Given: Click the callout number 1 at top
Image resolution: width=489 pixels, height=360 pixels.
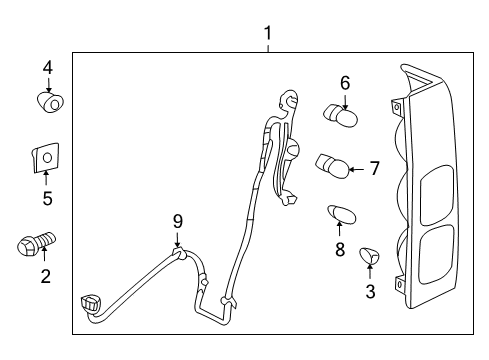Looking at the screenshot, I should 268,34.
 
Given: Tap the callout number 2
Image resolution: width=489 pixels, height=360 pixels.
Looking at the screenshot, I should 44,275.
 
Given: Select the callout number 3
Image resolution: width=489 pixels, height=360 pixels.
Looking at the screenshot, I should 370,291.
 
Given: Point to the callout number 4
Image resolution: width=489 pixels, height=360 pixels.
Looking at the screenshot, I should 47,68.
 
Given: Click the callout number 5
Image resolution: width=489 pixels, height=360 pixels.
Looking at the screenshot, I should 46,198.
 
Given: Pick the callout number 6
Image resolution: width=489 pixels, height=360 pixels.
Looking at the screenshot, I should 344,84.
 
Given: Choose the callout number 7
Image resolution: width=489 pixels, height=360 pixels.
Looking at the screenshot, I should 374,168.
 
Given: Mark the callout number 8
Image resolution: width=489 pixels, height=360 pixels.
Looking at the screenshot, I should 340,249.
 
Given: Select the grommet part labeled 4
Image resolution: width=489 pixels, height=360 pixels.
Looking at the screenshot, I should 48,101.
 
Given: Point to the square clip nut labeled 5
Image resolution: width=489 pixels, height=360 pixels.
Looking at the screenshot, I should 45,157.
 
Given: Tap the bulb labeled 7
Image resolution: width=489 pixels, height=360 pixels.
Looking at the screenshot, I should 332,164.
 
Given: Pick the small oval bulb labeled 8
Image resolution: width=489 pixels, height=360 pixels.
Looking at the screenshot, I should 341,214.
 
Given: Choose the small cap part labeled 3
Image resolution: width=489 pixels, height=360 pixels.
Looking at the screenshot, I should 370,256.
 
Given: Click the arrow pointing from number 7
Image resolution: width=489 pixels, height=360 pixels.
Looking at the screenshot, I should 358,167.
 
